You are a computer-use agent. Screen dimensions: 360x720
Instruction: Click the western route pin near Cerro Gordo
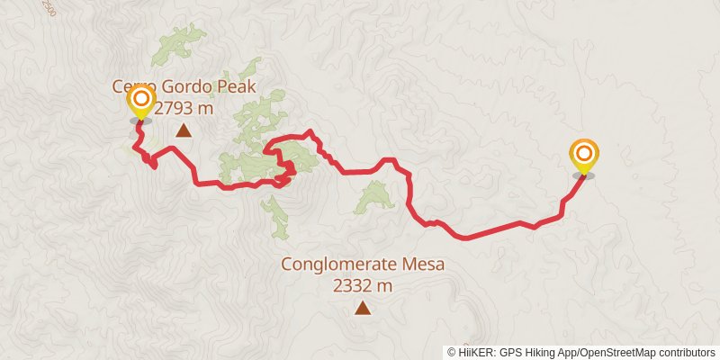(x=141, y=102)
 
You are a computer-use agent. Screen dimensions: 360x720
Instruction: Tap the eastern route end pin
(x=584, y=156)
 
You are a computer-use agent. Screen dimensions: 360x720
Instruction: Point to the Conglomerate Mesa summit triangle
(x=362, y=309)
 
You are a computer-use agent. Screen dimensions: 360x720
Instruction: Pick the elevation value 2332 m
(x=363, y=286)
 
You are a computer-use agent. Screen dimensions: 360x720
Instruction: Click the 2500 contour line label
(x=49, y=7)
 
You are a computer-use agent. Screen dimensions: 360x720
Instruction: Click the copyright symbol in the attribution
(x=452, y=352)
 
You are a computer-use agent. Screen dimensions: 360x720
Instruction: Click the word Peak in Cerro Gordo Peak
(x=237, y=87)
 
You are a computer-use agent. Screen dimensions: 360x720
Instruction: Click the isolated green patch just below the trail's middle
(x=374, y=196)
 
